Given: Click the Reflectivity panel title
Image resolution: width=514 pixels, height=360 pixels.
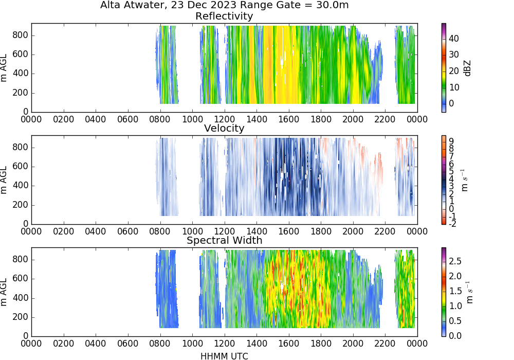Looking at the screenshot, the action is [x=224, y=16].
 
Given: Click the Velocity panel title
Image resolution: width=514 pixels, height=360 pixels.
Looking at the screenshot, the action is [x=224, y=128].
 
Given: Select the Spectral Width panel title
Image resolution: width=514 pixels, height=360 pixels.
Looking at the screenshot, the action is [x=224, y=240].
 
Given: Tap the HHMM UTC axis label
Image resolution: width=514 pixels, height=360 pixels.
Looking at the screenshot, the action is [x=224, y=356].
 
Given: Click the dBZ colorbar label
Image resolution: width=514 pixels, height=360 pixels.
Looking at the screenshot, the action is [x=467, y=68].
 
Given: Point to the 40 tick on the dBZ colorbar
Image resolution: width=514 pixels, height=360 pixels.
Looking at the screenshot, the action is [x=454, y=39].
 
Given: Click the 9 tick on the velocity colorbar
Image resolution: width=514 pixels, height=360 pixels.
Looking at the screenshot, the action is [x=451, y=141].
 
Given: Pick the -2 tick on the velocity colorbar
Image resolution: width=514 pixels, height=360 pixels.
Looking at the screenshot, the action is [x=452, y=224].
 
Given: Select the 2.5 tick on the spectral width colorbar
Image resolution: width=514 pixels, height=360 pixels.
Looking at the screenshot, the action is [x=455, y=261].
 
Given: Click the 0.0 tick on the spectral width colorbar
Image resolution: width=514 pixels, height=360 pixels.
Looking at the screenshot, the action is [x=455, y=335].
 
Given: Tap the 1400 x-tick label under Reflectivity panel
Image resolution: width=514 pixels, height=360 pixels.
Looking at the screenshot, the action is [x=256, y=119].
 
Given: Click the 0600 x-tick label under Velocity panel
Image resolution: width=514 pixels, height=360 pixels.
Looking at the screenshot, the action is [x=128, y=231].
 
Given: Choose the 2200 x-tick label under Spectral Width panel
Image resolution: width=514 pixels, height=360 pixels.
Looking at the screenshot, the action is [x=385, y=343].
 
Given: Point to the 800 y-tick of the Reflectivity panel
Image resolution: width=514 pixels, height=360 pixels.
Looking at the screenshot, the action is [x=21, y=35].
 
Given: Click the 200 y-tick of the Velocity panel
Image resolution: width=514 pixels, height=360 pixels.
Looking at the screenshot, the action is [x=21, y=205].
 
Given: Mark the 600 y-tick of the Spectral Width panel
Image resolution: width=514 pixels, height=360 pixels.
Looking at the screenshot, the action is [x=21, y=279].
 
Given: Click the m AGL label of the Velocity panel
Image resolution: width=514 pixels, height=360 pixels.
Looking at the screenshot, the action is [x=4, y=180].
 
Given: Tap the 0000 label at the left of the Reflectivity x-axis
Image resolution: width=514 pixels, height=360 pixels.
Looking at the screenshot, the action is [x=31, y=119].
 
